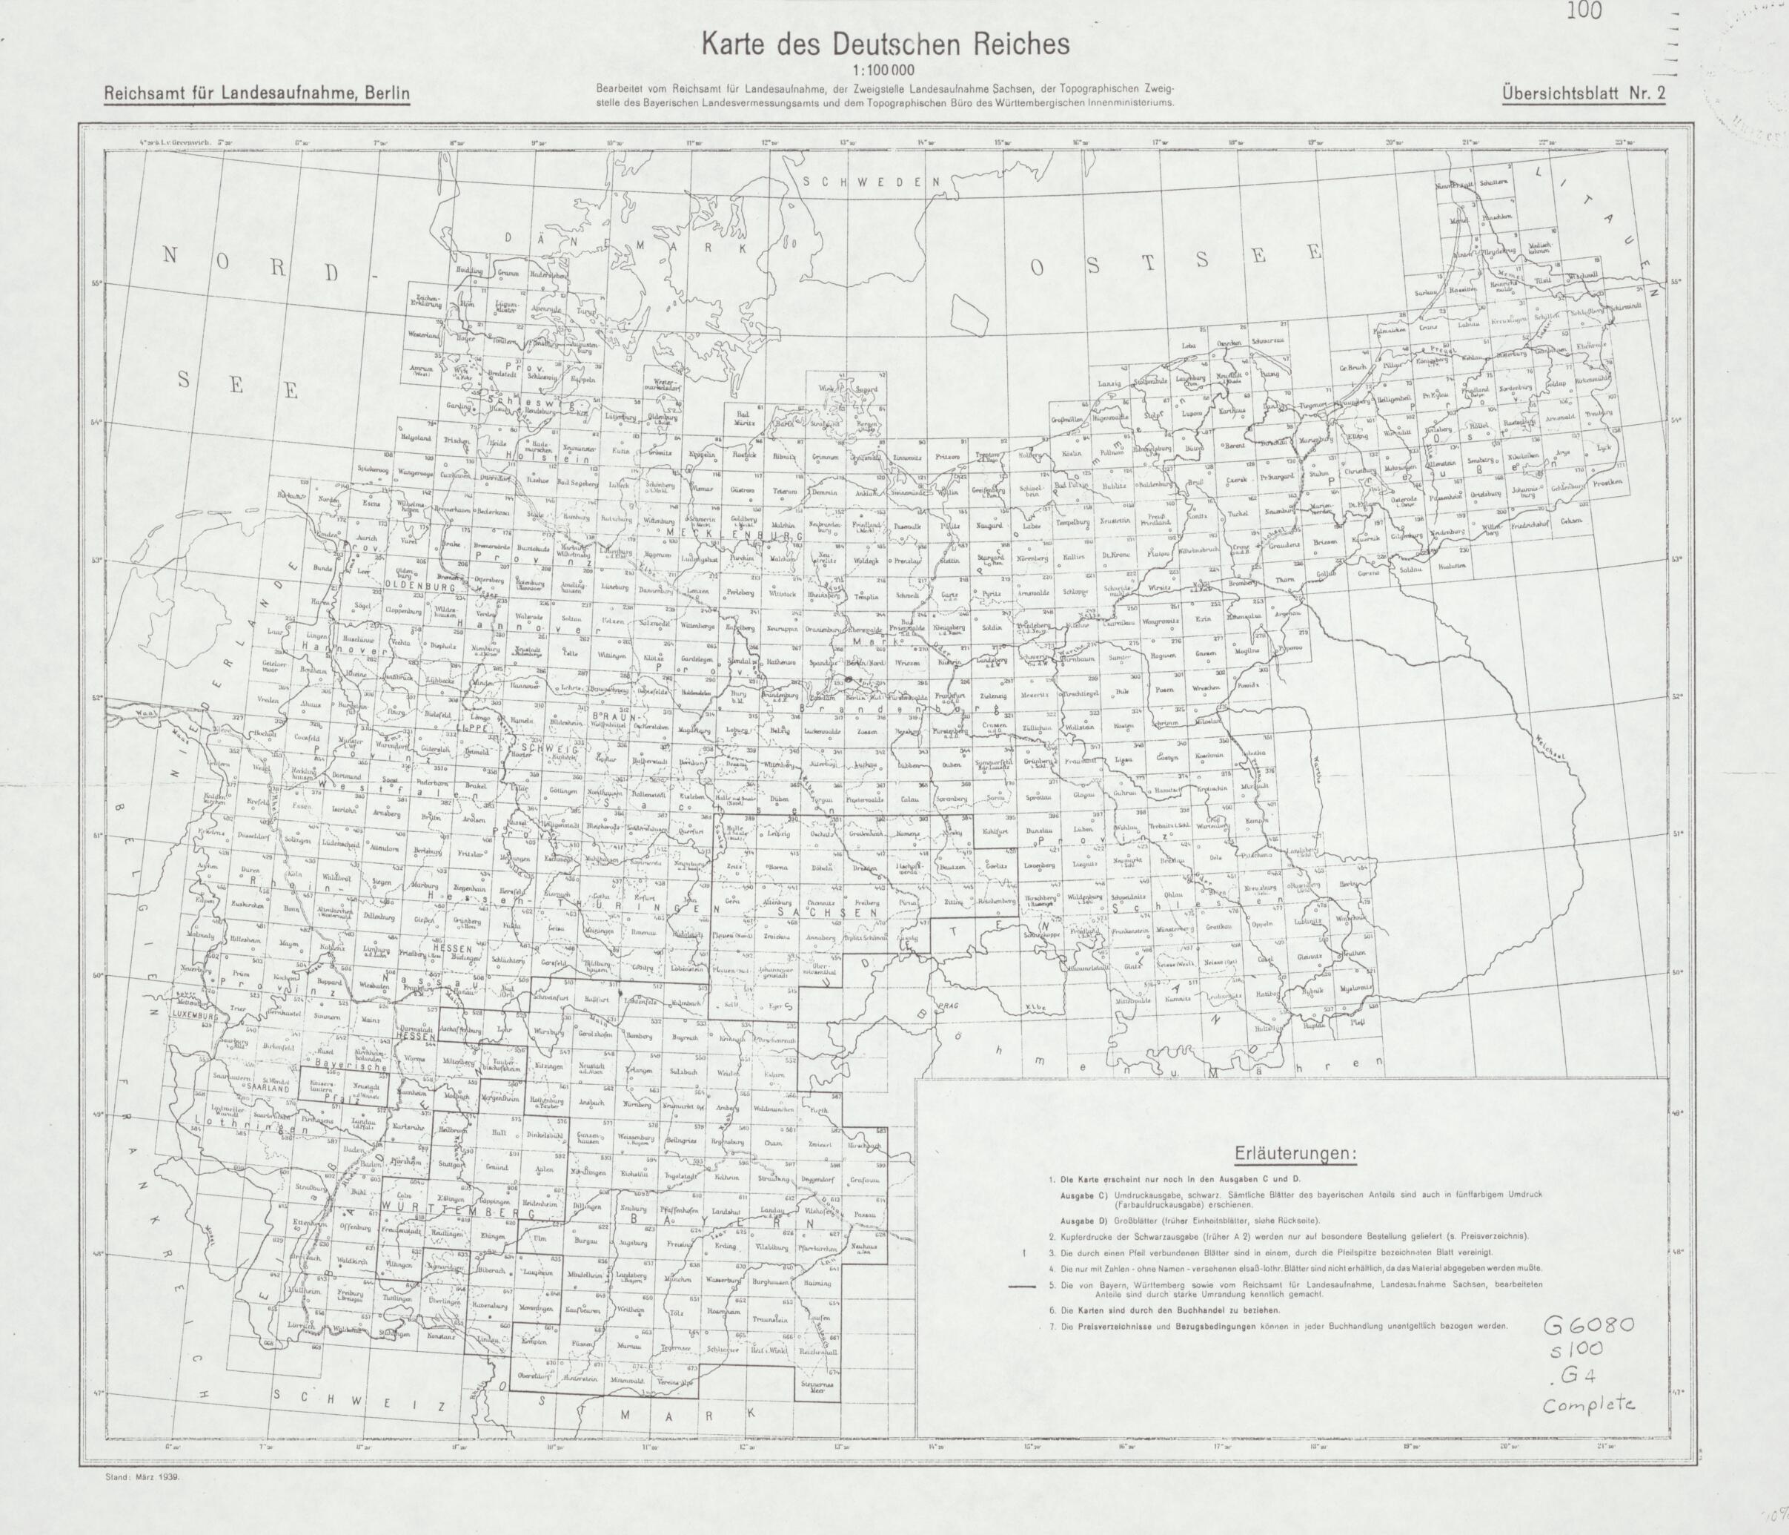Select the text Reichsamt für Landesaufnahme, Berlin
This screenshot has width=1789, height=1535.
coord(255,93)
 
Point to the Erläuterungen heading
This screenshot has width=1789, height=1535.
coord(1295,1154)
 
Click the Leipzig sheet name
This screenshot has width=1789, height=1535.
coord(779,834)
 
